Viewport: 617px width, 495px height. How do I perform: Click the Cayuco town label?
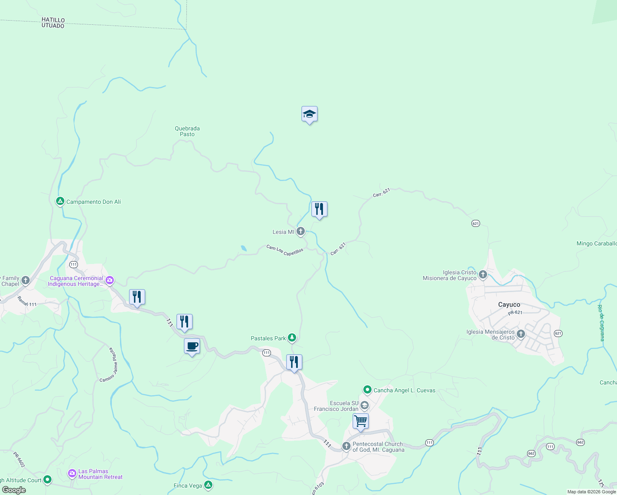click(509, 305)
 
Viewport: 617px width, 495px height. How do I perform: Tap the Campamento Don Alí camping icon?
click(60, 202)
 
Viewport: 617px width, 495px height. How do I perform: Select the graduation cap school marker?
click(309, 115)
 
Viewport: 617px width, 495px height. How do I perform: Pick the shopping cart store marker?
click(360, 422)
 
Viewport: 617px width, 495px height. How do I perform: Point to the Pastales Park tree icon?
click(292, 338)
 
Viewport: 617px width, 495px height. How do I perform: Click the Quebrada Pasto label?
click(187, 131)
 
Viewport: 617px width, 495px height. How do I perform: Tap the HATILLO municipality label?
click(53, 20)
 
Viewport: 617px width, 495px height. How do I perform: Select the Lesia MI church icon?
click(301, 231)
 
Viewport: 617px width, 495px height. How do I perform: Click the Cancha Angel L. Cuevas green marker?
click(367, 390)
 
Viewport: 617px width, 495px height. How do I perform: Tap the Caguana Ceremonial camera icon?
click(109, 281)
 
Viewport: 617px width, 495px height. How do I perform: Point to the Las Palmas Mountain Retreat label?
click(100, 474)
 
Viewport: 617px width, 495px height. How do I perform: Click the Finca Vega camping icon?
click(208, 485)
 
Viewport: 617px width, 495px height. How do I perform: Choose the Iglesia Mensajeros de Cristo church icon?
click(520, 334)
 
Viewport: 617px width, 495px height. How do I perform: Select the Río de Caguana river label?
click(602, 323)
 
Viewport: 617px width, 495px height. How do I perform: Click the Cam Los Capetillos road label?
click(285, 250)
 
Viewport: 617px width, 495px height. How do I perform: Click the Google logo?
click(14, 490)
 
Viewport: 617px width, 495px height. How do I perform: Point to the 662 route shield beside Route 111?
click(531, 453)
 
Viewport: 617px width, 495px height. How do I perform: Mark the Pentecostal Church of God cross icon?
click(346, 446)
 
